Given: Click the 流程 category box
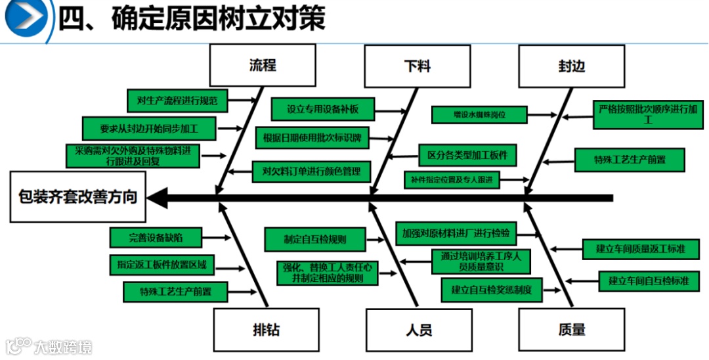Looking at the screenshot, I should pyautogui.click(x=262, y=66).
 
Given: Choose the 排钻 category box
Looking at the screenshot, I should pyautogui.click(x=267, y=328).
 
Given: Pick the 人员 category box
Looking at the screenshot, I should pyautogui.click(x=419, y=329).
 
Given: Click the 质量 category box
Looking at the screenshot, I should pyautogui.click(x=572, y=329).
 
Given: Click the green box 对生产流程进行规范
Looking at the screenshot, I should pyautogui.click(x=177, y=101).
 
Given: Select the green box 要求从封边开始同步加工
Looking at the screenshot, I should pyautogui.click(x=149, y=128).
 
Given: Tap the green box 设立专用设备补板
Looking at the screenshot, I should pyautogui.click(x=323, y=109).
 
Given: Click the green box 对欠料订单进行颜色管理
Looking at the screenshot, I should pyautogui.click(x=312, y=172).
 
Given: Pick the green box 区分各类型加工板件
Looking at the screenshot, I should pyautogui.click(x=467, y=156).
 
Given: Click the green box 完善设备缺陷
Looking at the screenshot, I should pyautogui.click(x=156, y=237).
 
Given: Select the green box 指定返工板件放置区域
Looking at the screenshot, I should pyautogui.click(x=161, y=265).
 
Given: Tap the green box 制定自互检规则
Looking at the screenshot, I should pyautogui.click(x=315, y=240).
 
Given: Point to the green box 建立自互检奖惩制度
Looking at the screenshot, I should pyautogui.click(x=491, y=288).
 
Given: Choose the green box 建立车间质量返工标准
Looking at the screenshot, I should pyautogui.click(x=641, y=249).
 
